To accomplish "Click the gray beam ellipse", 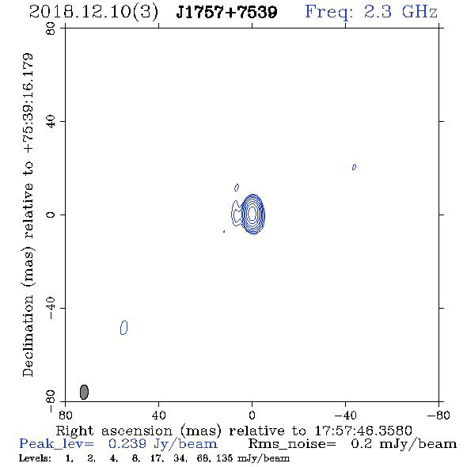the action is [x=84, y=392].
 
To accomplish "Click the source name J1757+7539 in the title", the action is [x=226, y=13].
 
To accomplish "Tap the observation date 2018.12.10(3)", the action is [x=93, y=13].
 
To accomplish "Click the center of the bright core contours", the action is [x=252, y=214].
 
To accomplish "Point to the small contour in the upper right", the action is [x=354, y=167].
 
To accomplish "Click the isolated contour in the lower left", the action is [x=124, y=328].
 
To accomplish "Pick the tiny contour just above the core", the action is [x=237, y=188].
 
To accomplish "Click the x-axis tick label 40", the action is [x=158, y=416].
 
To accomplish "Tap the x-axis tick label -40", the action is [x=345, y=416].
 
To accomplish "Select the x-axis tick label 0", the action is [x=252, y=416].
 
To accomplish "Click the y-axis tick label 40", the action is [x=51, y=122].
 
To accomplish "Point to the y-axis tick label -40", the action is [x=51, y=308].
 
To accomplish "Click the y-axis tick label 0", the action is [x=51, y=215].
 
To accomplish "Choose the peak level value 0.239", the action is [x=127, y=444].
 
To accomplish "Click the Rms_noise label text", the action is [x=292, y=444].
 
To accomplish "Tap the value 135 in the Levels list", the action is [x=225, y=458].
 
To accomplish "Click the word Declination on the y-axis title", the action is [x=28, y=336].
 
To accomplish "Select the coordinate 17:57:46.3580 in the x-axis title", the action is [x=363, y=431].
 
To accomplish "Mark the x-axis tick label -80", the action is [x=439, y=416].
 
